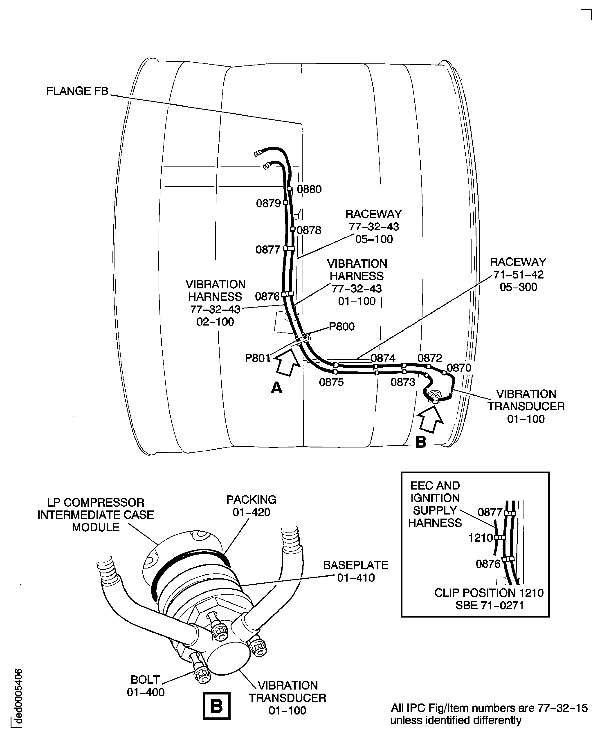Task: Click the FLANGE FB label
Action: [77, 91]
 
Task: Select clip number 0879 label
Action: [268, 203]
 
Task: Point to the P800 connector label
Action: [341, 327]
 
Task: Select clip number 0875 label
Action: [331, 382]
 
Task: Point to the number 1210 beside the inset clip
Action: [481, 538]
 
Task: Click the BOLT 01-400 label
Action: [145, 686]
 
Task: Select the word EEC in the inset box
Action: [420, 485]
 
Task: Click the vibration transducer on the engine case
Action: [434, 395]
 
